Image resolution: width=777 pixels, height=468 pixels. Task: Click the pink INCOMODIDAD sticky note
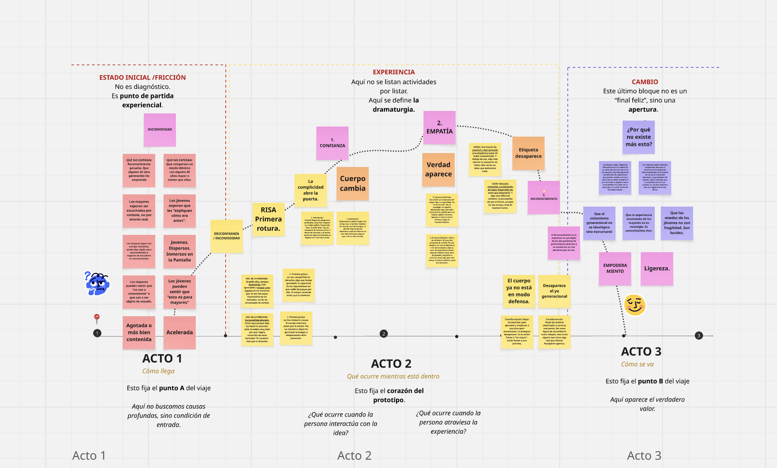pos(159,130)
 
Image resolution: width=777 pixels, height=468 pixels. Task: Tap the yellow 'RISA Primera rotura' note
pos(268,219)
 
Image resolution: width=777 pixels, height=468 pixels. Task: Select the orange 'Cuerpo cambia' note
pos(353,183)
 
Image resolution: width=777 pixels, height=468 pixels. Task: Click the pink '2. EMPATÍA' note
pos(439,127)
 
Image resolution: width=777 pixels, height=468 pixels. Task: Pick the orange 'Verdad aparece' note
pos(438,169)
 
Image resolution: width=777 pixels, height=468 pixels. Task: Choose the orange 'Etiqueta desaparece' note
pos(528,153)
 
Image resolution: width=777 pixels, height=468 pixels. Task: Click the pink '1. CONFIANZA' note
pos(332,143)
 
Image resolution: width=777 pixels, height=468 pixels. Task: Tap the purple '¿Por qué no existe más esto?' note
pos(639,137)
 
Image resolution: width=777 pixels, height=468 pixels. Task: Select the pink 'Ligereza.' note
pos(657,269)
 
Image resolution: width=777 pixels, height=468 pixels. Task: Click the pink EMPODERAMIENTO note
pos(615,269)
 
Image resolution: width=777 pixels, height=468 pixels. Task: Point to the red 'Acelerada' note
pos(179,332)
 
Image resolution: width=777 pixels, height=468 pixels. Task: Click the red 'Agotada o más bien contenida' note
pos(139,332)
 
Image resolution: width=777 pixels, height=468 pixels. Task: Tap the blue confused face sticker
pos(97,283)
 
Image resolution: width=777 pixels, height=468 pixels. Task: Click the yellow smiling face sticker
pos(635,305)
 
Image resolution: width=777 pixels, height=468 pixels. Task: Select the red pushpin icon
pos(97,318)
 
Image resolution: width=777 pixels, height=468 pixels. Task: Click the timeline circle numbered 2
pos(383,334)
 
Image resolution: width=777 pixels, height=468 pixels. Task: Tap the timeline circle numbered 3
pos(699,336)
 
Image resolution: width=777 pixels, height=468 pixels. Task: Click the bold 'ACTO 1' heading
pos(162,358)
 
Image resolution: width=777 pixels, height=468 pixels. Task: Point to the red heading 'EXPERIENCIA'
pos(394,72)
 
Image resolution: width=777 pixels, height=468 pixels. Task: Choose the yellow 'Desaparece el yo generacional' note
pos(554,291)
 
